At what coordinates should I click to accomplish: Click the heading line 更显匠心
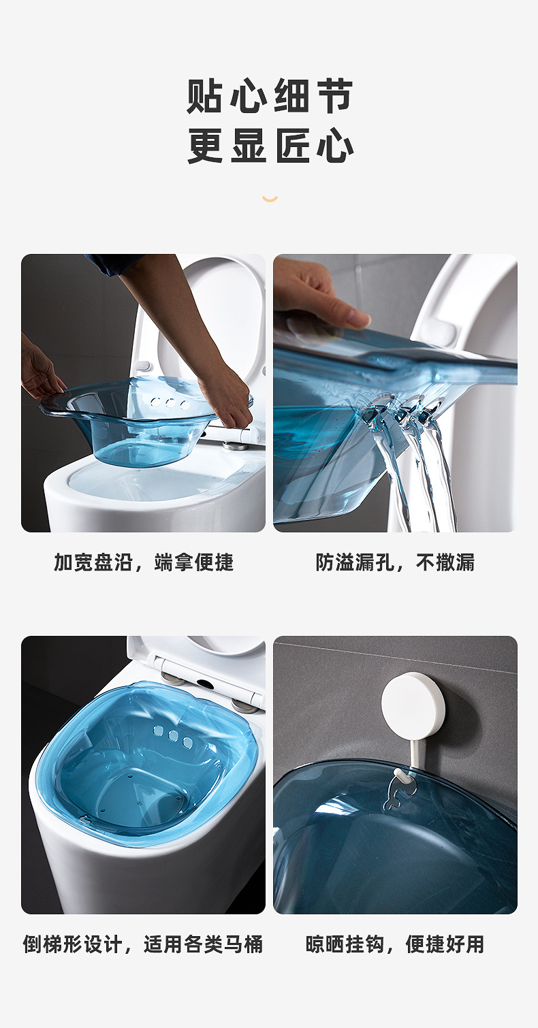[270, 145]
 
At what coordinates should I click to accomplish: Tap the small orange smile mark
[270, 199]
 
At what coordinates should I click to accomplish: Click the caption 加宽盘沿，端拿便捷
[144, 562]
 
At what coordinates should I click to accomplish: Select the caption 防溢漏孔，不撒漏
[395, 562]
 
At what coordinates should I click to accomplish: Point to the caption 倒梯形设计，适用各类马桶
[143, 944]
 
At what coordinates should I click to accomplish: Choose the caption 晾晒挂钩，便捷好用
[395, 944]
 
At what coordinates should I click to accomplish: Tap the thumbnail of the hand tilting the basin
[395, 393]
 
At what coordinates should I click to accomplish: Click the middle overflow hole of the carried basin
[170, 403]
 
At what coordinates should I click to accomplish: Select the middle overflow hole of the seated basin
[173, 736]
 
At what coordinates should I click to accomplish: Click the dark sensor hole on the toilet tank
[204, 683]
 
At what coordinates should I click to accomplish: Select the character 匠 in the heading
[292, 145]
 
